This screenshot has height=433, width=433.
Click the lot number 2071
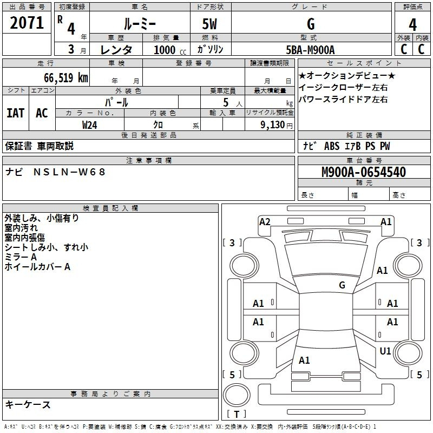27,23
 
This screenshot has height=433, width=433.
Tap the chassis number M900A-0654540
363,173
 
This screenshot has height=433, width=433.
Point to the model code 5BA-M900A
310,50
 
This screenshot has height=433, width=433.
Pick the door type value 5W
211,24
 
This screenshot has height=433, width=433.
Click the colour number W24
90,124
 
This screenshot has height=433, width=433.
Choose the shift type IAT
16,113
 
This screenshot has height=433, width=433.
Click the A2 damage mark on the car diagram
265,221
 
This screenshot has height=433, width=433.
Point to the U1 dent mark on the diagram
385,351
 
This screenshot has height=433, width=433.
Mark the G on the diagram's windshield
342,285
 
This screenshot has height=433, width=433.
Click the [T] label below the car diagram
236,415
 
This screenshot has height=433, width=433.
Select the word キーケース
28,405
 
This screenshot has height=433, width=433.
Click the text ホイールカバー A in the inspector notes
37,267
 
